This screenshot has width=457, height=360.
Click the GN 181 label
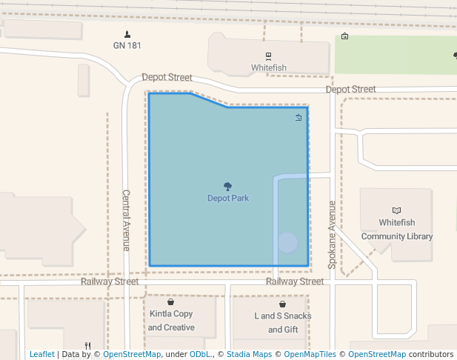point(127,46)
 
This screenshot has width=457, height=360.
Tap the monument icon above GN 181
point(127,34)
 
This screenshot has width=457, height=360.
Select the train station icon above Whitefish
point(268,56)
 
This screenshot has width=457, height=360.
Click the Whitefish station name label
point(268,67)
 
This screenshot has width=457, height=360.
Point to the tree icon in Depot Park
point(227,187)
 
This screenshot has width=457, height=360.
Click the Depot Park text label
point(227,199)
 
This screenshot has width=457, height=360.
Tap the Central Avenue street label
point(126,220)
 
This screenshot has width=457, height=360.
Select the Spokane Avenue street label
point(333,234)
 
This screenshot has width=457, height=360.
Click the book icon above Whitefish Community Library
point(396,210)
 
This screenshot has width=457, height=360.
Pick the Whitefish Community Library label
point(396,230)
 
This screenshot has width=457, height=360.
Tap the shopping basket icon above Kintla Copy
point(170,302)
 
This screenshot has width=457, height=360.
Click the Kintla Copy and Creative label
point(170,321)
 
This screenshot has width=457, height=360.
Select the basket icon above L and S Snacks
point(283,304)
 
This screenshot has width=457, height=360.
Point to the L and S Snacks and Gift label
point(283,322)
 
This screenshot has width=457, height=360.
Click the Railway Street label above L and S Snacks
point(295,281)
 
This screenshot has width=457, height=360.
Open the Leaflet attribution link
point(41,354)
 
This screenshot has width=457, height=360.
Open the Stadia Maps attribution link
point(249,354)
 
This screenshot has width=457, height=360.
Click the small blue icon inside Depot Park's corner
point(298,118)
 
